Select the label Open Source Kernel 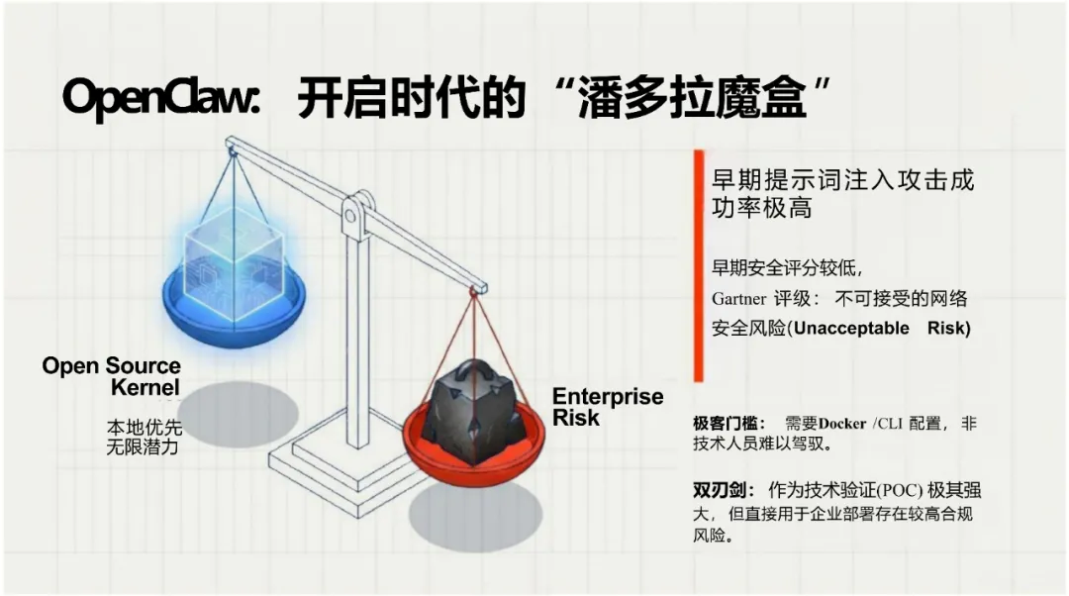coord(112,376)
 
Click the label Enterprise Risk coord(606,407)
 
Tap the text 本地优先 coord(145,428)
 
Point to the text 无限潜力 coord(145,447)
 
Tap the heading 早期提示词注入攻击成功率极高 coord(842,195)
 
